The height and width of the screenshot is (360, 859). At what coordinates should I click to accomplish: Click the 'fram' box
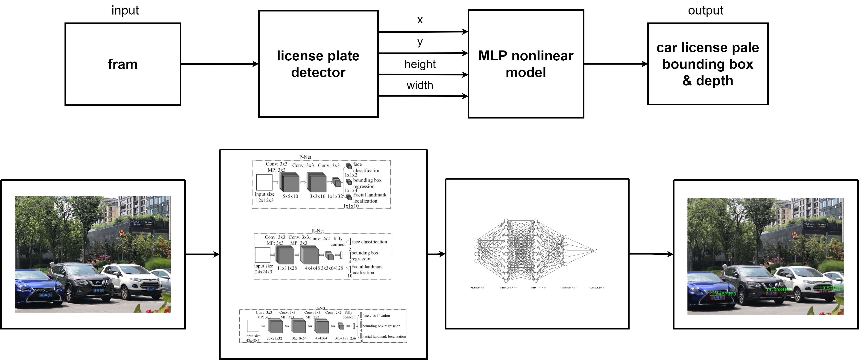(123, 64)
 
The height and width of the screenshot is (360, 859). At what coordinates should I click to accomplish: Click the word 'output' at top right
(706, 10)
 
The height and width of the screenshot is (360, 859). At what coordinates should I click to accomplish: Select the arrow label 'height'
(420, 64)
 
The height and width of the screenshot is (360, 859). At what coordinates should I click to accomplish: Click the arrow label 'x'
(420, 20)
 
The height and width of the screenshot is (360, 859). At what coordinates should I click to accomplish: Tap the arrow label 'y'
(420, 42)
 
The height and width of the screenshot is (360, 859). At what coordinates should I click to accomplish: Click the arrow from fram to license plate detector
(220, 64)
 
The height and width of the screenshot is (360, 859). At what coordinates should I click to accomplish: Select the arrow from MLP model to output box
(616, 64)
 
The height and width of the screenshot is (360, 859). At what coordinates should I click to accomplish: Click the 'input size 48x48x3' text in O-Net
(253, 338)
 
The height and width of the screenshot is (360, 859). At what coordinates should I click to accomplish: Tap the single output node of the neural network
(595, 251)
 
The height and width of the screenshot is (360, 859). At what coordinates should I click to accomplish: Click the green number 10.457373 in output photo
(724, 294)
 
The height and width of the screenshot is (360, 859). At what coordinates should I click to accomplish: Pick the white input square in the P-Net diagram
(264, 182)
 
